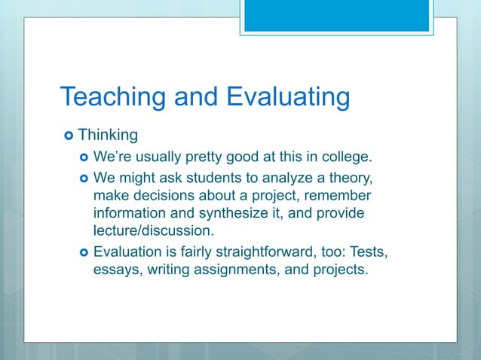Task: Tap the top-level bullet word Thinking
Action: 108,136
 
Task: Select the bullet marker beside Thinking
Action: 69,136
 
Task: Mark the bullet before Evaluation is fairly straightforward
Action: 83,252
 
